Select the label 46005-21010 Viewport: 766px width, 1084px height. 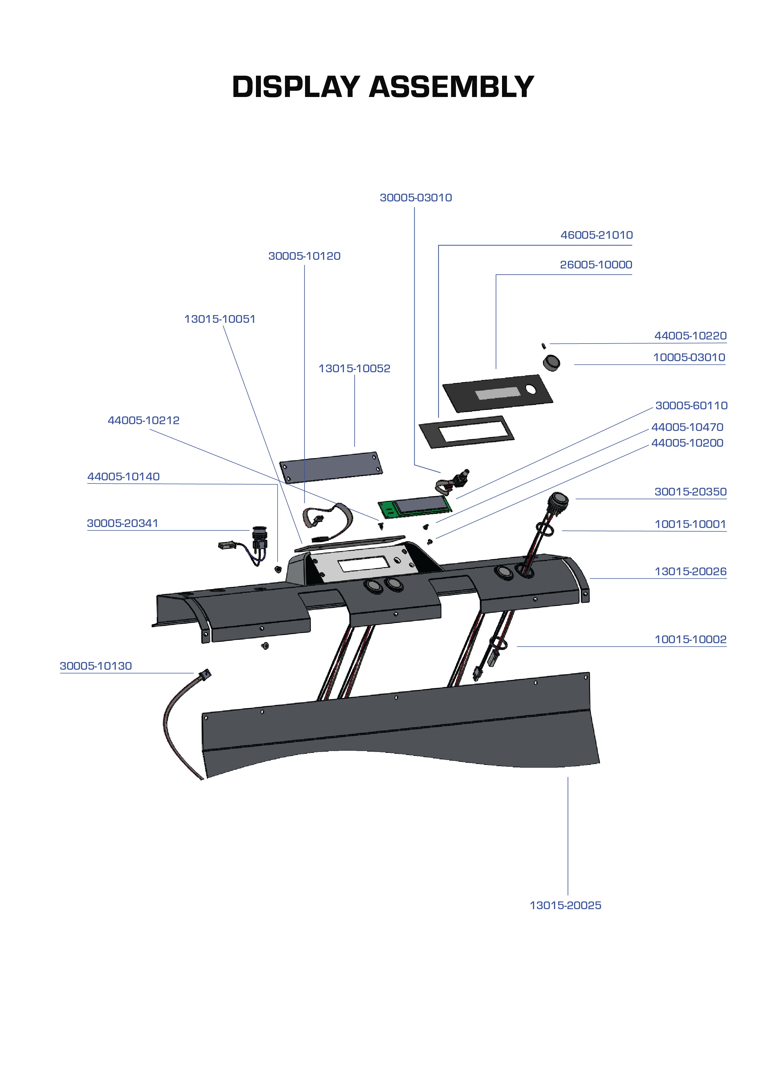tap(596, 235)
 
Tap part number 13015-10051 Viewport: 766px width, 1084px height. tap(220, 319)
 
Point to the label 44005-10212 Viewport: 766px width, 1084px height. tap(144, 421)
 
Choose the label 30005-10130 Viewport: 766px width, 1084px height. tap(95, 666)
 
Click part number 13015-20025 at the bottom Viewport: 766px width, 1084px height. tap(565, 905)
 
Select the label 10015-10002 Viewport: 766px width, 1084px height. tap(690, 640)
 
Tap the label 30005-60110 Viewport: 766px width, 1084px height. tap(691, 406)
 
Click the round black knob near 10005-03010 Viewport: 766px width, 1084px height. tap(551, 363)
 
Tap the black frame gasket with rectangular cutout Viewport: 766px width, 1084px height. tap(466, 432)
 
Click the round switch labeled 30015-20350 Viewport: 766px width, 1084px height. tap(558, 501)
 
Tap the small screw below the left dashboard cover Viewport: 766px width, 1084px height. tap(265, 645)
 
